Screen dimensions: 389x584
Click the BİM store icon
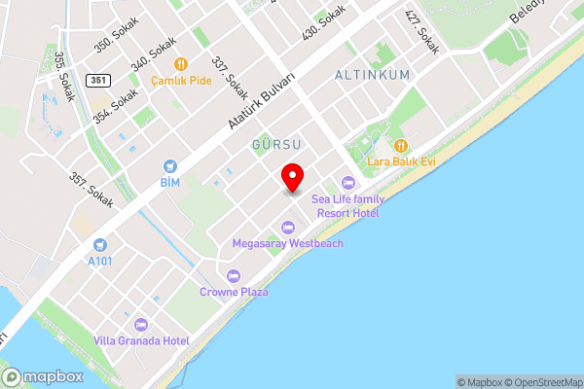point(170,166)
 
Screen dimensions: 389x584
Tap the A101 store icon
point(99,244)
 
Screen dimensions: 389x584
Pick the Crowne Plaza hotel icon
point(234,275)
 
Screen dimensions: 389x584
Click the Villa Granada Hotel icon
point(140,324)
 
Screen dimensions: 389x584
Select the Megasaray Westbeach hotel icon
point(286,227)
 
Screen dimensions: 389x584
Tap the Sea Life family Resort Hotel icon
point(347,183)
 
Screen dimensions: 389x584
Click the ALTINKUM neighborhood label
point(372,75)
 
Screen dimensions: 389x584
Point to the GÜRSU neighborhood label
point(275,144)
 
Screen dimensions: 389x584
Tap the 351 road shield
point(96,79)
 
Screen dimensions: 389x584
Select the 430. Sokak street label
point(324,21)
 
